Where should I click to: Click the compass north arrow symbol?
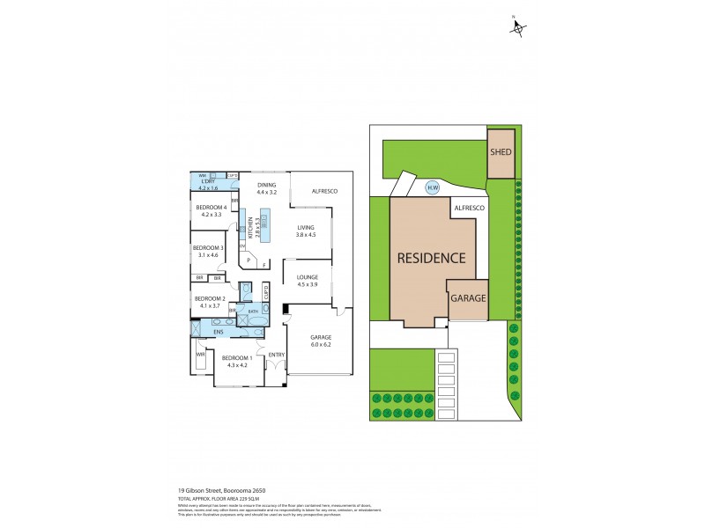(517, 28)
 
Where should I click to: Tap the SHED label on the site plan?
(501, 151)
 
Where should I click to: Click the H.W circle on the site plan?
(432, 187)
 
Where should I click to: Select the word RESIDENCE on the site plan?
(430, 259)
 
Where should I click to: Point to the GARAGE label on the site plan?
(468, 298)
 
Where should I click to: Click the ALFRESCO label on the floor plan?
(313, 191)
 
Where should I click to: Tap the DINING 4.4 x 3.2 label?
(266, 188)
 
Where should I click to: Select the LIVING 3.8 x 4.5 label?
(305, 231)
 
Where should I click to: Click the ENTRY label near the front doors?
(277, 355)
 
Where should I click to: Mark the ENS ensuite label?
(218, 331)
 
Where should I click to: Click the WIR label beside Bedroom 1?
(201, 353)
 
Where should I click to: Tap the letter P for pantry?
(249, 260)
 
